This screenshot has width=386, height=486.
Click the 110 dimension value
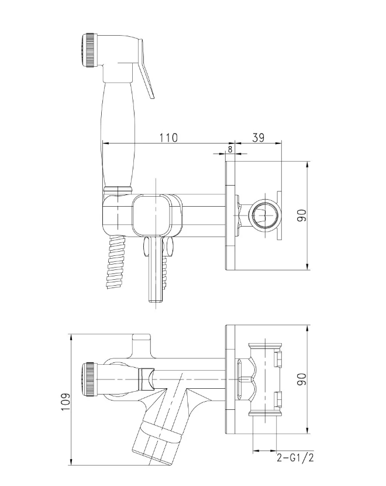[x=168, y=138]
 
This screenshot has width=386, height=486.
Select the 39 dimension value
[x=258, y=138]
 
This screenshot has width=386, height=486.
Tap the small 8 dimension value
[x=230, y=149]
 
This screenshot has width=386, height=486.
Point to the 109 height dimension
[x=66, y=402]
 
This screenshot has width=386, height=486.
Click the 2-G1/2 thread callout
[x=295, y=457]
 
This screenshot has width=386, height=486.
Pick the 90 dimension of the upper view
[x=302, y=215]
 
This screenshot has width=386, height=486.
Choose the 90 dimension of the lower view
[x=302, y=379]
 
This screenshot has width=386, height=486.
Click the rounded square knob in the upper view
[x=151, y=214]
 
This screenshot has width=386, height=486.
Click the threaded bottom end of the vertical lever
[x=156, y=296]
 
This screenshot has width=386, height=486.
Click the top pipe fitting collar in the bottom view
[x=266, y=347]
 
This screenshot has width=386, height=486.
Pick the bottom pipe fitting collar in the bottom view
[x=266, y=413]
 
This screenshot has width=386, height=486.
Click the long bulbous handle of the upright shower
[x=118, y=134]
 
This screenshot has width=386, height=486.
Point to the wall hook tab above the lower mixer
[x=142, y=344]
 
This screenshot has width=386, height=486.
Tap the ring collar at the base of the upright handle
[x=118, y=189]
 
